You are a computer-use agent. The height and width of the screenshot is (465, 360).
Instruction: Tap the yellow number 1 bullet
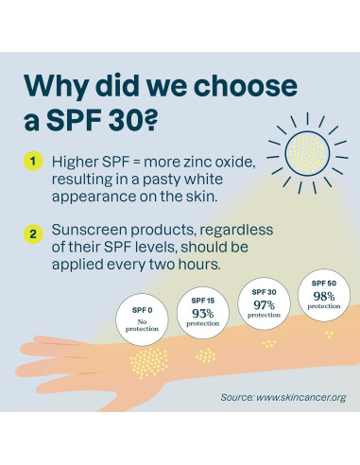(x=34, y=162)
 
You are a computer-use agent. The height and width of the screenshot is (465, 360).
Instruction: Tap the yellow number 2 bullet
(x=34, y=232)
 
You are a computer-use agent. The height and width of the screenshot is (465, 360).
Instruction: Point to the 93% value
(x=202, y=314)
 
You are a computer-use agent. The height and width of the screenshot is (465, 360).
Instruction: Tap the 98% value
(x=324, y=295)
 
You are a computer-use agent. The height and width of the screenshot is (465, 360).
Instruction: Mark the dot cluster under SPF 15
(x=205, y=355)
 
